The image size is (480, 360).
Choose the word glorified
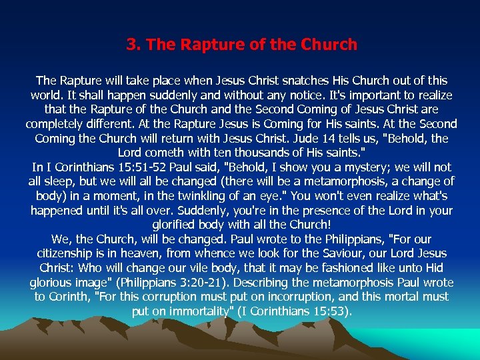(180, 225)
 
